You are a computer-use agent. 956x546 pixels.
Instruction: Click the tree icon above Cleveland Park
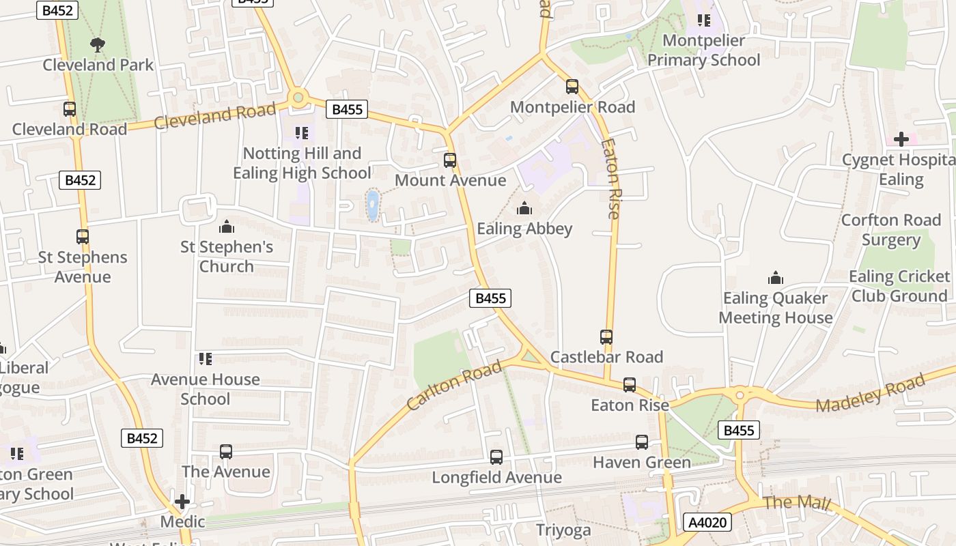click(x=98, y=45)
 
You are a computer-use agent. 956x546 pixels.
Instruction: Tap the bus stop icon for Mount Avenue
click(x=450, y=160)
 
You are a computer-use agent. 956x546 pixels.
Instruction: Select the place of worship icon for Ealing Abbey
click(x=524, y=208)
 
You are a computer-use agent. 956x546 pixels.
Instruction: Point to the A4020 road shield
click(x=707, y=523)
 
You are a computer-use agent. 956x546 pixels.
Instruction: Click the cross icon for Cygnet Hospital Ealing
click(x=901, y=139)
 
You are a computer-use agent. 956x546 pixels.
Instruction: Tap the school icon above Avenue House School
click(x=205, y=359)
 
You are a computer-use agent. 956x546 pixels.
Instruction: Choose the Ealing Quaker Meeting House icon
click(x=775, y=278)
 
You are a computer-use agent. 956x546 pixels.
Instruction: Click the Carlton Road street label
click(x=454, y=386)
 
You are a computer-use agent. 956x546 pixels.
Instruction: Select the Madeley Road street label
click(x=871, y=393)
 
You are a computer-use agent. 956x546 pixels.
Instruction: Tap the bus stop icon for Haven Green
click(x=642, y=442)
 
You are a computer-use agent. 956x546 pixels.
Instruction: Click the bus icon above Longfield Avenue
click(x=496, y=457)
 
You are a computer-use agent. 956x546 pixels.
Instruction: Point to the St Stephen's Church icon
click(x=226, y=227)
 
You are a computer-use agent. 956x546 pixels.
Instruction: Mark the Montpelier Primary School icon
click(x=703, y=20)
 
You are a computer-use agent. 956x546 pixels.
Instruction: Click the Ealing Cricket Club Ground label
click(x=899, y=286)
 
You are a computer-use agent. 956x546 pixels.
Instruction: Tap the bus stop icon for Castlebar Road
click(x=606, y=336)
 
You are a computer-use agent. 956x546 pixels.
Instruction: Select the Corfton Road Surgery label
click(x=890, y=230)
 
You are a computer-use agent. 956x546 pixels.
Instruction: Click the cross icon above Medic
click(x=182, y=502)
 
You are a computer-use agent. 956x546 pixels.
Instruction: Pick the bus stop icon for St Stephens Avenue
click(x=83, y=237)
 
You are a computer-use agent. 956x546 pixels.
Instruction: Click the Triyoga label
click(x=563, y=530)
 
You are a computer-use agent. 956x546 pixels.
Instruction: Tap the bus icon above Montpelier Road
click(x=572, y=87)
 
